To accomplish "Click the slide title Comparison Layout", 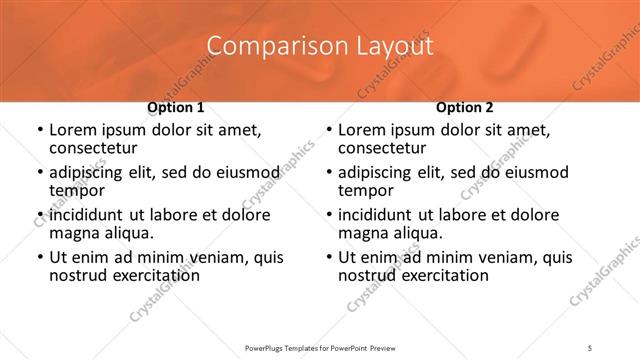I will pos(320,46).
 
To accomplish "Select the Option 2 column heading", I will pos(464,107).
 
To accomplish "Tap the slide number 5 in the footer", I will pos(591,348).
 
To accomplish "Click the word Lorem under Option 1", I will pos(72,130).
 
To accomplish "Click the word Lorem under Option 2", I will pos(361,130).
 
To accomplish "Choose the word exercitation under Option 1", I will pos(153,275).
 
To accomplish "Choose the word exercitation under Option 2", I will pos(442,275).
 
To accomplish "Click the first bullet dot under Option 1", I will pos(39,131).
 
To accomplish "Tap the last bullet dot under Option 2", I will pos(328,258).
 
